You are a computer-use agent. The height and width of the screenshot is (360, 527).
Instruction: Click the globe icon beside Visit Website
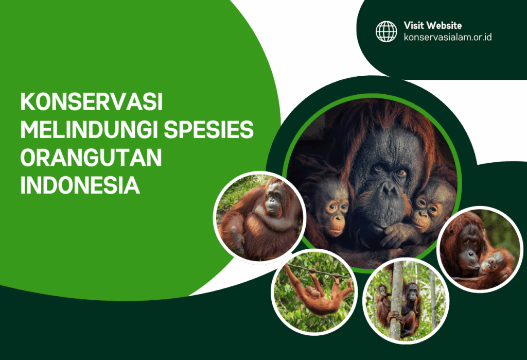pyautogui.click(x=386, y=31)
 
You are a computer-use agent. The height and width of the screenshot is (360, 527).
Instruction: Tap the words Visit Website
pyautogui.click(x=432, y=25)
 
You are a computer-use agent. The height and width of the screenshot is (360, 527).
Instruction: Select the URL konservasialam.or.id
pyautogui.click(x=447, y=37)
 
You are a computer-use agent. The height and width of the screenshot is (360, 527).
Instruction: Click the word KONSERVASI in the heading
pyautogui.click(x=91, y=102)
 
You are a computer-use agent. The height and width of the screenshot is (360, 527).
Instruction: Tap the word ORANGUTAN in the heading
pyautogui.click(x=91, y=158)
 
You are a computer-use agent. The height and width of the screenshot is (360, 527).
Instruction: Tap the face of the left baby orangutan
pyautogui.click(x=332, y=209)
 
